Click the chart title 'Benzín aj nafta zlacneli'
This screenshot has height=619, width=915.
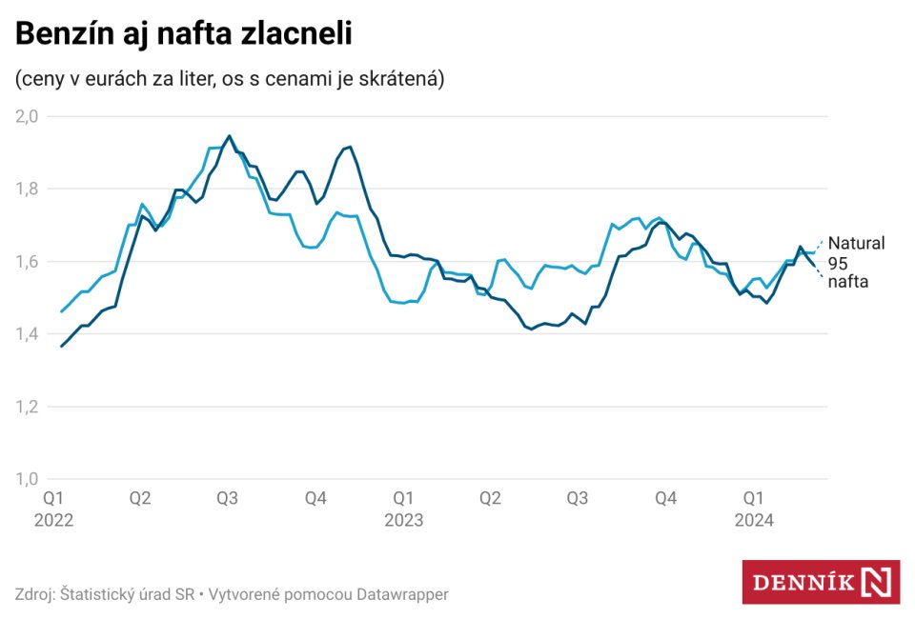(x=184, y=34)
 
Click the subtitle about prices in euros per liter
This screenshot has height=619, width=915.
(x=230, y=79)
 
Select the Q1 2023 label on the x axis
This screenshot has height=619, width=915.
(x=403, y=509)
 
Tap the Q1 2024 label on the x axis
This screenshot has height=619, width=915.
(x=753, y=509)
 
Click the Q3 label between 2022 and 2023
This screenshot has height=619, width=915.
(x=228, y=497)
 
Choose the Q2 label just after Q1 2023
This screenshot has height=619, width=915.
(x=490, y=497)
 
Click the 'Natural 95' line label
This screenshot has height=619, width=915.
(x=855, y=252)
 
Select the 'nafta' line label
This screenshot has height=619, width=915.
(x=847, y=282)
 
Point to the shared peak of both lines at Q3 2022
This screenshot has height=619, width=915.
(x=229, y=136)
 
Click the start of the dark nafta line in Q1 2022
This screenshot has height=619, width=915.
(x=62, y=346)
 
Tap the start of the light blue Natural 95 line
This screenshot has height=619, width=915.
(x=62, y=311)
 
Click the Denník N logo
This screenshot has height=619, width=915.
(x=821, y=582)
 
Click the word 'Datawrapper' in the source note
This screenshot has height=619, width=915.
(x=402, y=594)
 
